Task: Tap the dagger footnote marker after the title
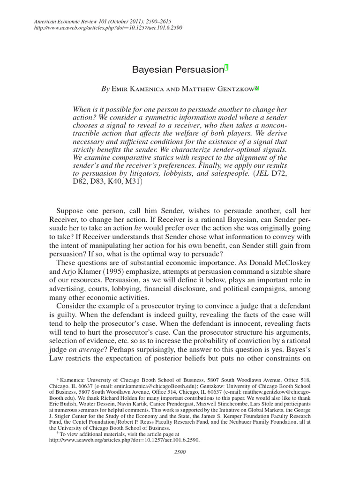(226, 68)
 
